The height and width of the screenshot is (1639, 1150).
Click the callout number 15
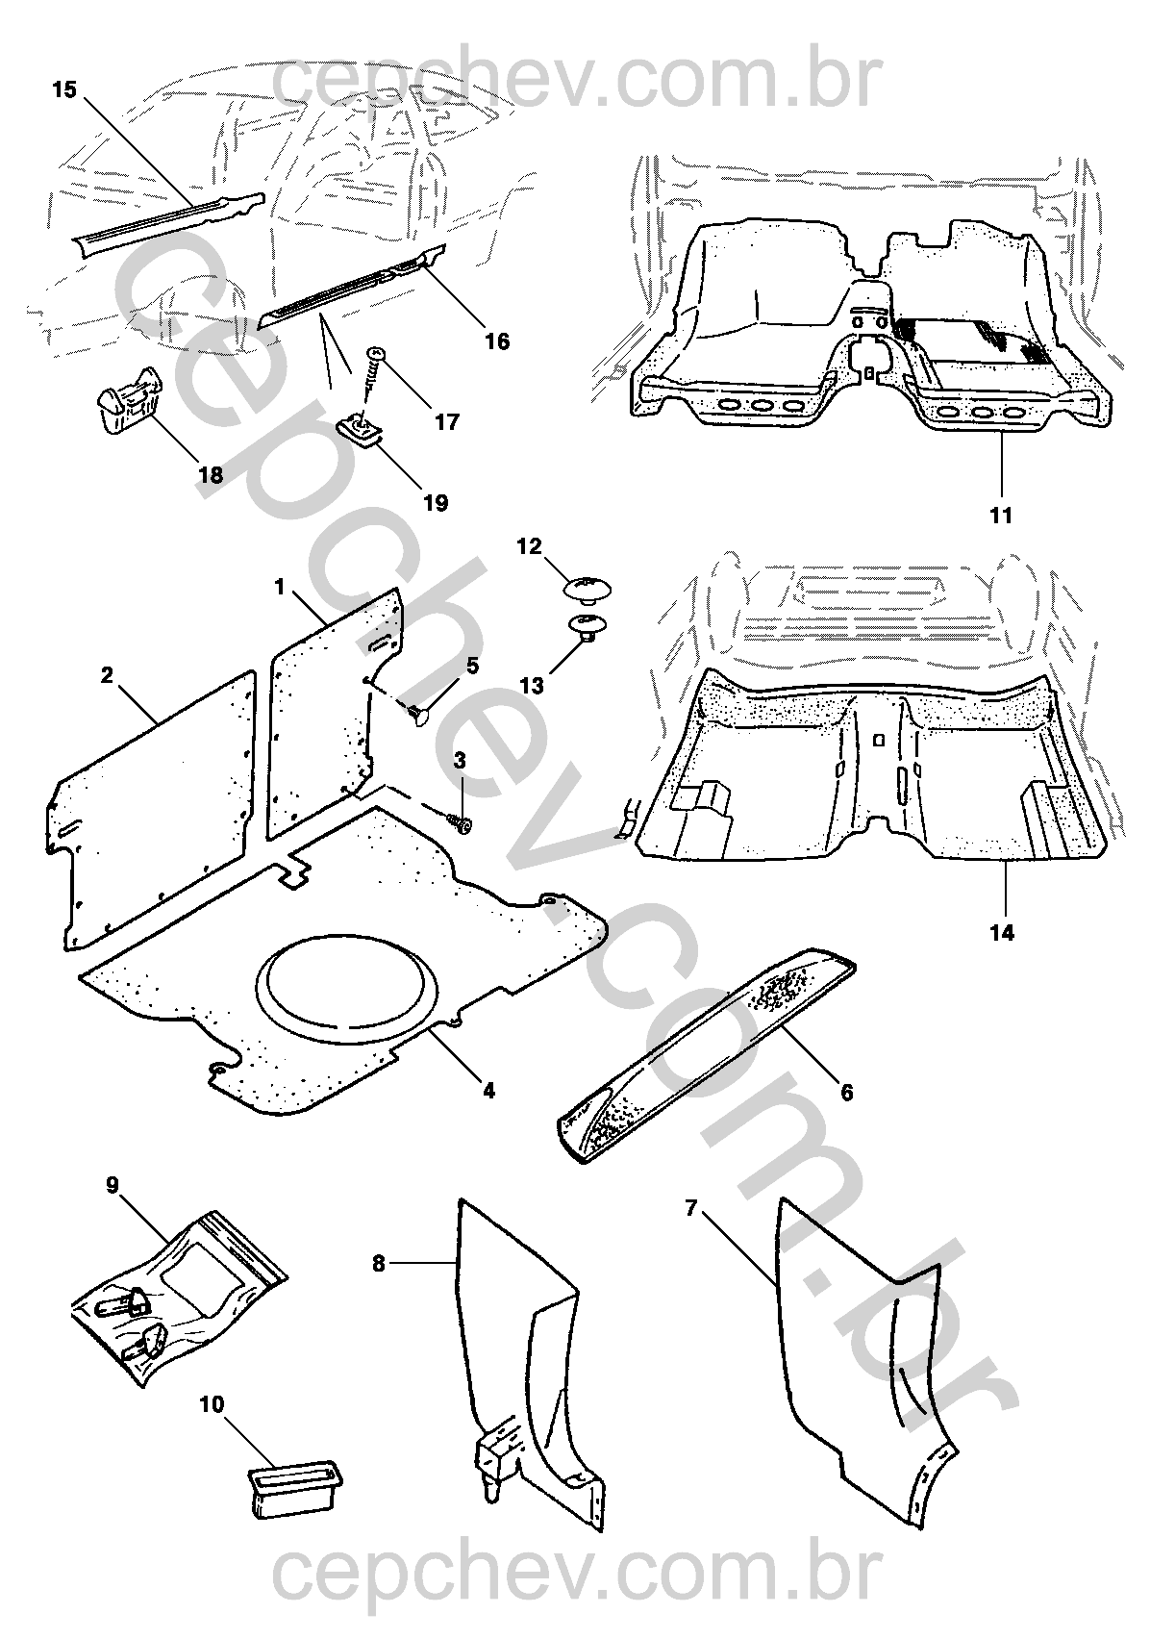click(x=63, y=89)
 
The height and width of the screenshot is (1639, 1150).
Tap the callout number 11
click(x=1001, y=516)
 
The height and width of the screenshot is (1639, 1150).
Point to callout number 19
click(x=436, y=503)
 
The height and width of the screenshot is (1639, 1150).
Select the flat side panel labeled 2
click(x=154, y=808)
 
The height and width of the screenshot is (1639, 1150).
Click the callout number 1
click(x=281, y=585)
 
